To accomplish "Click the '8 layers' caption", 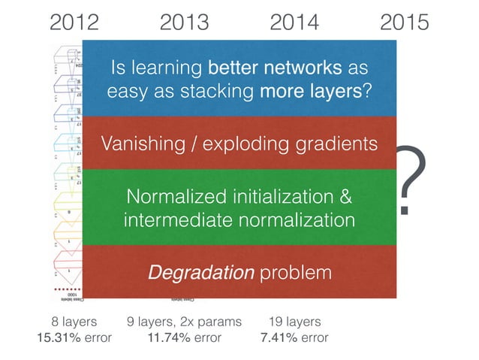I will point(74,322).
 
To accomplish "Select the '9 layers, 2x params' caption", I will point(184,322).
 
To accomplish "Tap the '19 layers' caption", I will point(294,322).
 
